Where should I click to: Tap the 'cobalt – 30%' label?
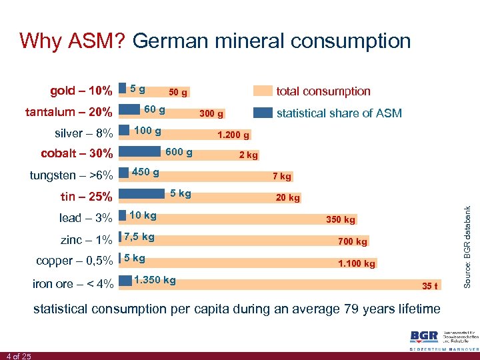click(77, 154)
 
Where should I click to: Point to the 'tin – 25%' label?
click(85, 197)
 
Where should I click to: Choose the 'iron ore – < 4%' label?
click(73, 283)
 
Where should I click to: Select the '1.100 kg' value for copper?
click(357, 263)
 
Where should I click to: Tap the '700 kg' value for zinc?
click(353, 241)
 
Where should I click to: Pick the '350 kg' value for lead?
click(341, 219)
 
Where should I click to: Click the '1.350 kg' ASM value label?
click(155, 280)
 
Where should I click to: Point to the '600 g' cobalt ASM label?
click(179, 153)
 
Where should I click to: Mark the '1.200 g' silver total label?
click(233, 135)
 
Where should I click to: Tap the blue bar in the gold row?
click(122, 88)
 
